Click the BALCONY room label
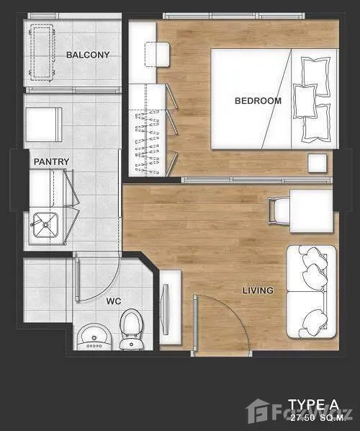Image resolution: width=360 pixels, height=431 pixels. (x=88, y=55)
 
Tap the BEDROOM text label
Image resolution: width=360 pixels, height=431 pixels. (x=258, y=101)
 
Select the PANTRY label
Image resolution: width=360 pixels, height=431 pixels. (x=51, y=161)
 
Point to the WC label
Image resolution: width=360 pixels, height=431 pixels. (x=114, y=301)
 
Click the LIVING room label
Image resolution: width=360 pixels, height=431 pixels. (x=258, y=290)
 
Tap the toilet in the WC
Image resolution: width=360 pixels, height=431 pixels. (x=131, y=329)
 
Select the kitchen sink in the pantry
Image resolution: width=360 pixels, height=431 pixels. (x=45, y=225)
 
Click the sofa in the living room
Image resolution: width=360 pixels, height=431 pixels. (x=311, y=292)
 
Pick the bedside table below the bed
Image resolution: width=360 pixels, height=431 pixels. (x=318, y=163)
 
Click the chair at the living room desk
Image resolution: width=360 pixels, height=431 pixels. (x=279, y=211)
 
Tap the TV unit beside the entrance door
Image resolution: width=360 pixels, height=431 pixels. (x=171, y=307)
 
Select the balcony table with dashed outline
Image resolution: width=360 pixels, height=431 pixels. (x=42, y=53)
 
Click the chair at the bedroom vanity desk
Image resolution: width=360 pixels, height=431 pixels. (x=157, y=54)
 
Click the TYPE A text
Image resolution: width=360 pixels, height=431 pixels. (x=314, y=405)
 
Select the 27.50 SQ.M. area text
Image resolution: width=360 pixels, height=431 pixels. (x=318, y=418)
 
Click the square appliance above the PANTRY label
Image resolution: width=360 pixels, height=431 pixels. (x=43, y=124)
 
